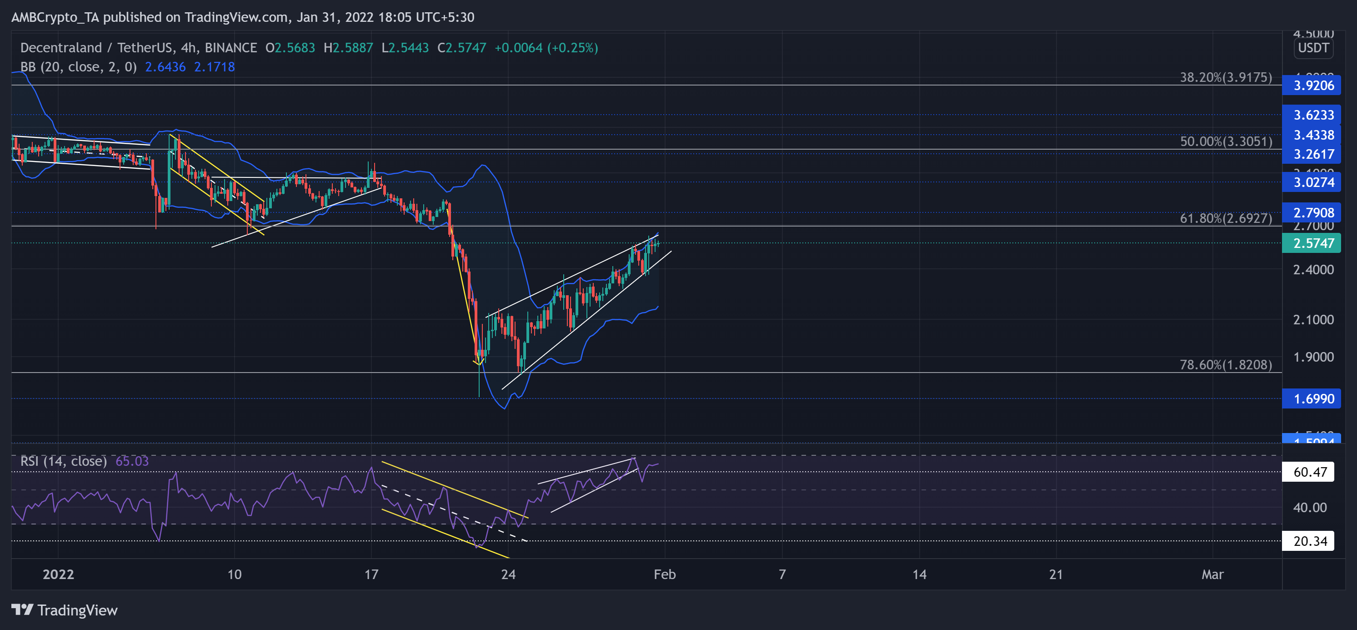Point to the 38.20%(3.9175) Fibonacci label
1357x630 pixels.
point(1225,77)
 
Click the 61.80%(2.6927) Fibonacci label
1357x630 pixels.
point(1225,218)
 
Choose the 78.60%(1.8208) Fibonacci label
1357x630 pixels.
point(1225,365)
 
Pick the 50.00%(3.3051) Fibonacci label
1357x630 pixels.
point(1225,141)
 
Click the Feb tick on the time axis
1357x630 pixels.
point(664,574)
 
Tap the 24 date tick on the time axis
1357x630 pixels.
point(508,574)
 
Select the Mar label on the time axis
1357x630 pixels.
point(1212,574)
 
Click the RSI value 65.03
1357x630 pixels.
point(132,461)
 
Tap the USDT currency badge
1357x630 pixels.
point(1313,48)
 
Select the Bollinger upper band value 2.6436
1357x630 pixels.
point(165,67)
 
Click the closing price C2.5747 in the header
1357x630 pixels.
point(462,48)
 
